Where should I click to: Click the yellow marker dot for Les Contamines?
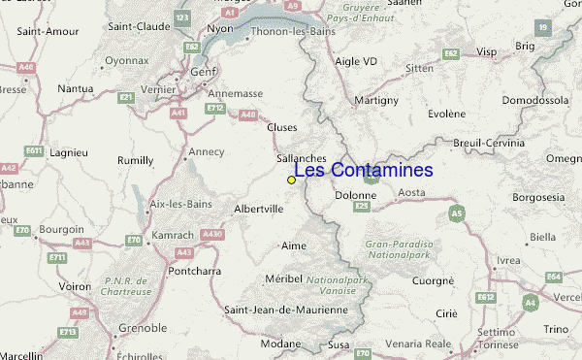pos(291,180)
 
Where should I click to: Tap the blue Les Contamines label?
pos(363,171)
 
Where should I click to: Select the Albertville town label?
pos(259,208)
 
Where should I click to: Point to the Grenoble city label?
pos(142,328)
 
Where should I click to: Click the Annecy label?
pos(206,151)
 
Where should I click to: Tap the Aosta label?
pos(412,193)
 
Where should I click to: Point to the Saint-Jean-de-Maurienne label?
pos(285,310)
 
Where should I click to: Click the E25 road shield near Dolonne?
pos(363,206)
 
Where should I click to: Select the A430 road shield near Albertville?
pos(213,235)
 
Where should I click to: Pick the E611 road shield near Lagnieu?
pos(35,150)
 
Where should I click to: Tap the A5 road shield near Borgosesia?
pos(456,213)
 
